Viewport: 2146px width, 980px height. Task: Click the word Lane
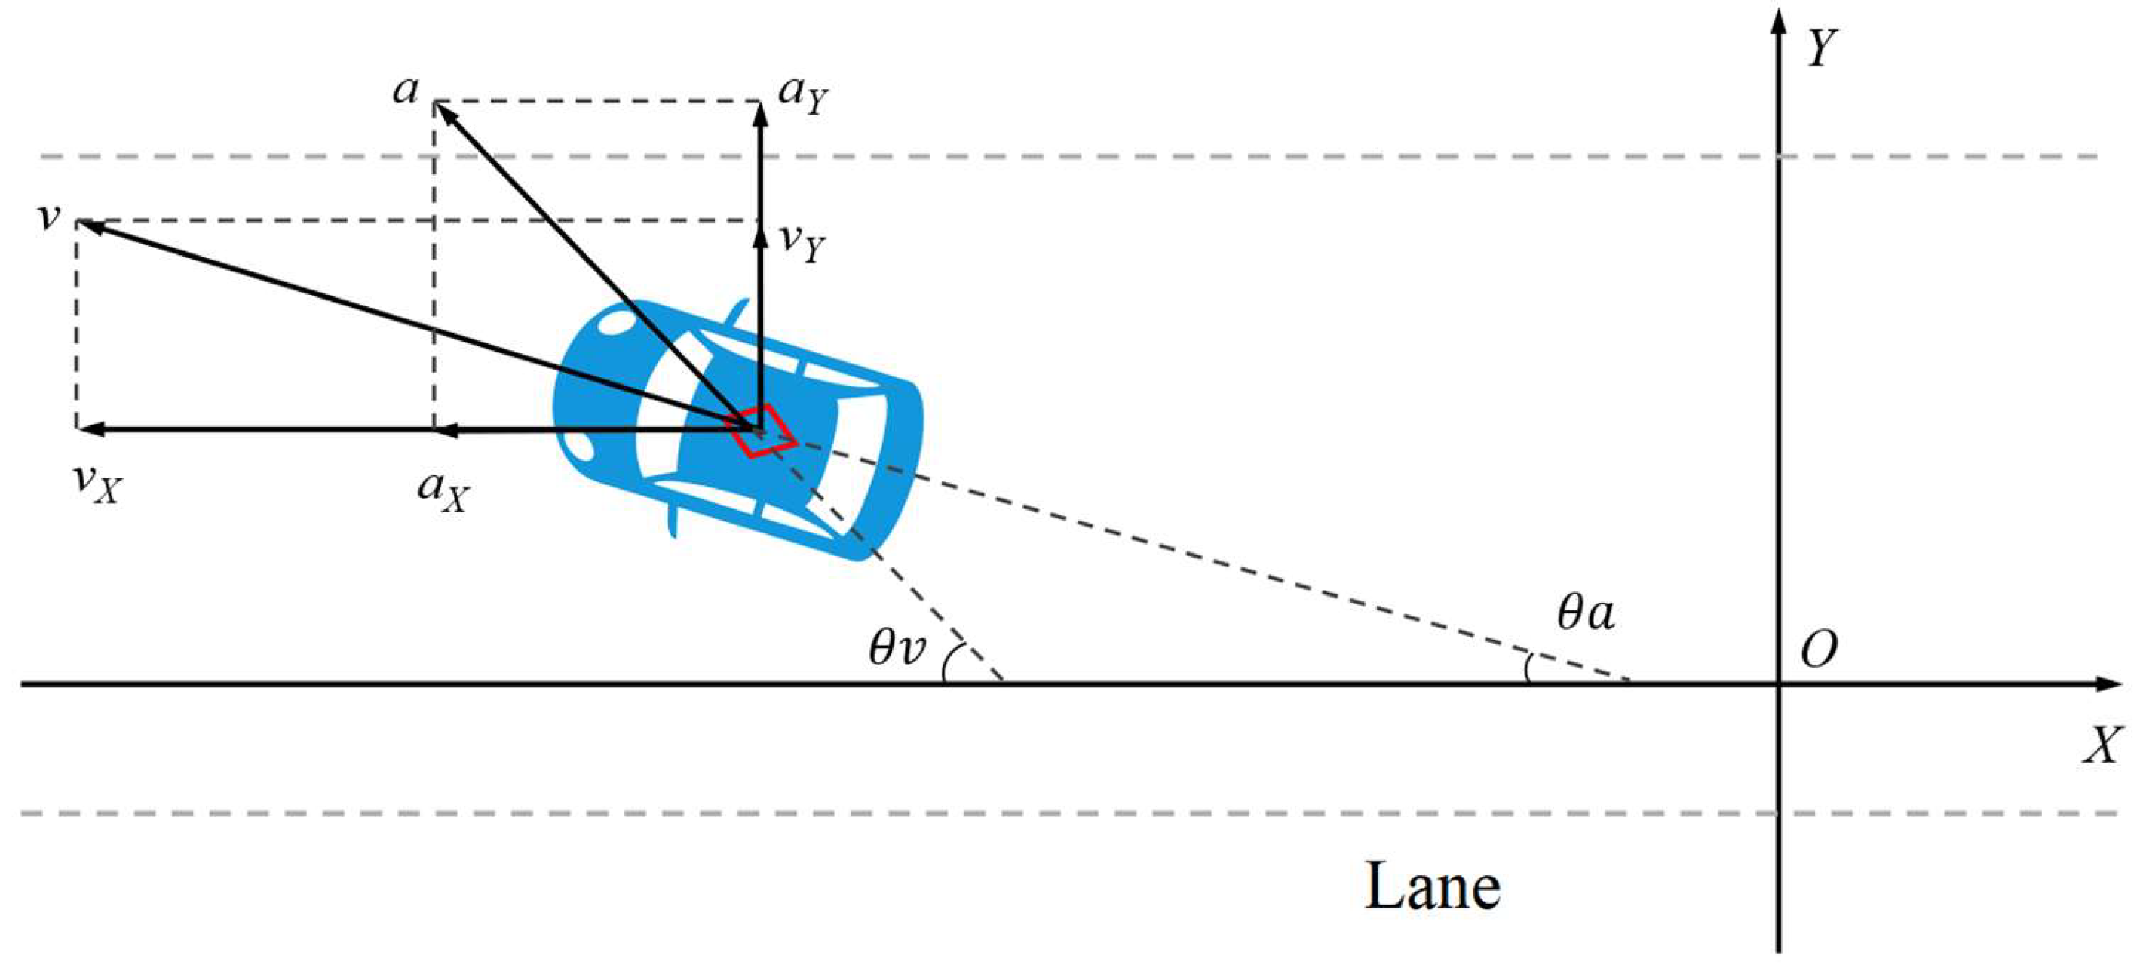[x=1431, y=886]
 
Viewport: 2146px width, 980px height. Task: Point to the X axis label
[x=2102, y=744]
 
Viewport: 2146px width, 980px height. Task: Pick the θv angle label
[x=897, y=647]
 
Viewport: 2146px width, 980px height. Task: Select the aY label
[x=802, y=94]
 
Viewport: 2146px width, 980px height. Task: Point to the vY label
[x=802, y=242]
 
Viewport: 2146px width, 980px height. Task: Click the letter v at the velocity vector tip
[x=50, y=217]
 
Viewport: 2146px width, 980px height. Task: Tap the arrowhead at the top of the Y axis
[x=1779, y=18]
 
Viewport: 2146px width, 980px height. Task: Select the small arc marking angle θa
[x=1528, y=669]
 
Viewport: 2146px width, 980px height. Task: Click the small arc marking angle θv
[x=946, y=665]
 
